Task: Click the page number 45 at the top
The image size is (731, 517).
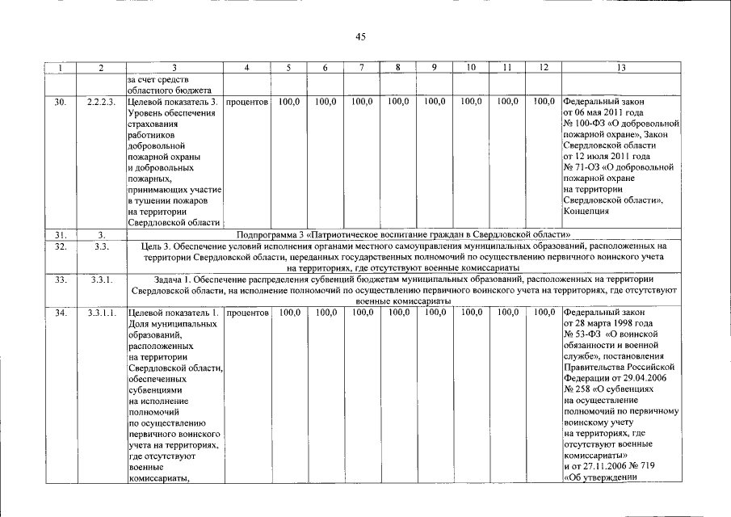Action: [361, 36]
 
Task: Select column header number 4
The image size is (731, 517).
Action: [246, 69]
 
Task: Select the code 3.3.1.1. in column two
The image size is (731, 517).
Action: [101, 312]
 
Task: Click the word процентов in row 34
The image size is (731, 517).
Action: [247, 312]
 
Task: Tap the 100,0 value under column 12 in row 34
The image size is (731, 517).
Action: [544, 312]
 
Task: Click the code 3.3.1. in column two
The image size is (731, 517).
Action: [101, 280]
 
